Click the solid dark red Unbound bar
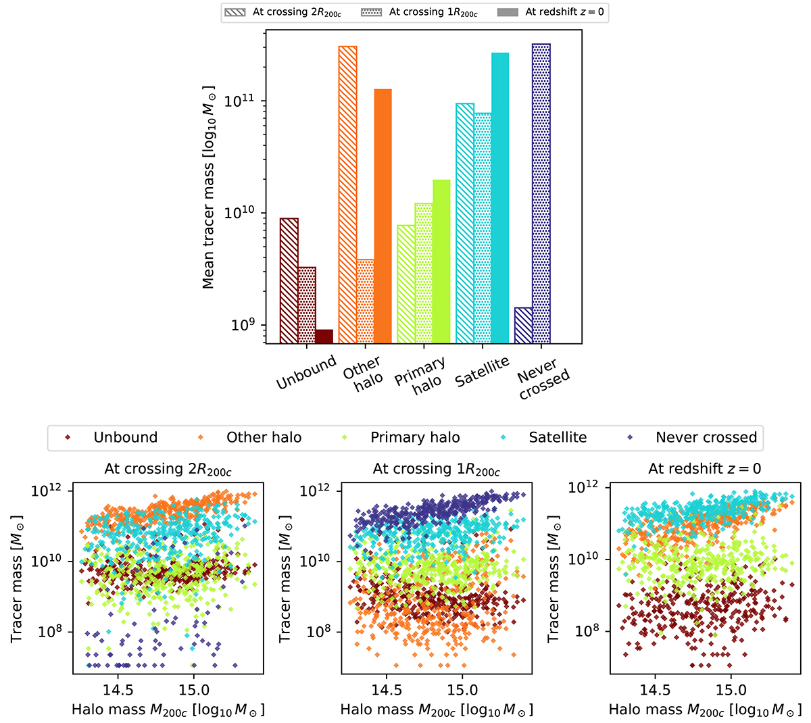324,336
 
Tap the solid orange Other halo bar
383,216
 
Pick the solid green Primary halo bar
441,261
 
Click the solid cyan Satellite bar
500,198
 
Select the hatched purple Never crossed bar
524,326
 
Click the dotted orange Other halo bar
366,301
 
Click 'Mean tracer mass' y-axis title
208,187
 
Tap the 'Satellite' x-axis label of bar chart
482,372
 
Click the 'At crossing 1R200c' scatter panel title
437,469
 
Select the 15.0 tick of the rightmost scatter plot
731,690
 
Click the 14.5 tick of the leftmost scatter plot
118,690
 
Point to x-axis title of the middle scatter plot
437,709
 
